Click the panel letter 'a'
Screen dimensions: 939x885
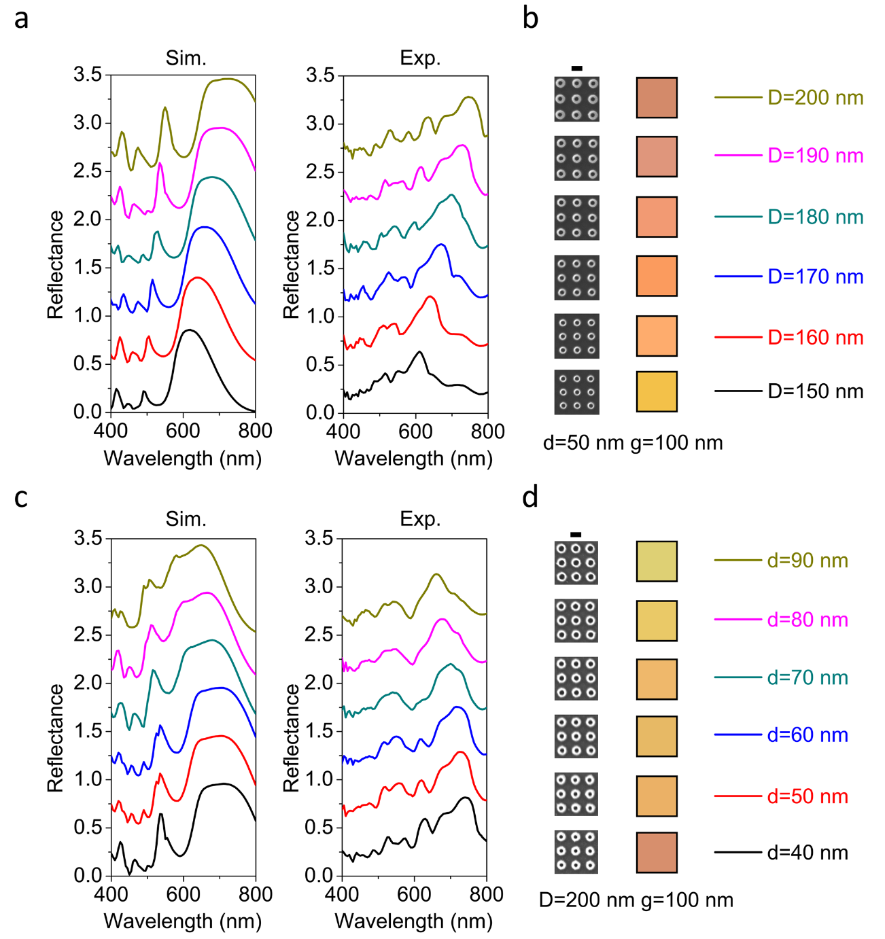(x=22, y=19)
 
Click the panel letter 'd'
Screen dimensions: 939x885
(x=530, y=497)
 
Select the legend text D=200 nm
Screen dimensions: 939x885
(x=815, y=98)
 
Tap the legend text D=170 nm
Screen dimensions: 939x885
(x=815, y=277)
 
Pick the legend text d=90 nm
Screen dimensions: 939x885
(x=808, y=561)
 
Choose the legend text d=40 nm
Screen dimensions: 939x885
(x=808, y=853)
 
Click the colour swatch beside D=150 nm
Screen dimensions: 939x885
(x=657, y=391)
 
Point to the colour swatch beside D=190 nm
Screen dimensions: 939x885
(x=657, y=157)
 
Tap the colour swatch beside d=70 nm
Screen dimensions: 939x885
(x=657, y=679)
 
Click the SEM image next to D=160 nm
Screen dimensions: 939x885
(x=576, y=336)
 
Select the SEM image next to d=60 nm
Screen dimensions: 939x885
(x=576, y=737)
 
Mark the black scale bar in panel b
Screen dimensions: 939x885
(x=577, y=68)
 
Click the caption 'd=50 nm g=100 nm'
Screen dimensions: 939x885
(x=633, y=443)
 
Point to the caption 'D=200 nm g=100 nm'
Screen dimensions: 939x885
(x=636, y=900)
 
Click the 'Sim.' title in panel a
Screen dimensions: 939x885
(x=186, y=58)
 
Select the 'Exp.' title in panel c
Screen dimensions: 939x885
(x=420, y=519)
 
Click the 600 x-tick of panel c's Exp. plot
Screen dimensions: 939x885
(x=414, y=894)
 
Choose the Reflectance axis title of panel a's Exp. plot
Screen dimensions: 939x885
(x=292, y=264)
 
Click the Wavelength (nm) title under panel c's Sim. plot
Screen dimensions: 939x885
(x=183, y=922)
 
